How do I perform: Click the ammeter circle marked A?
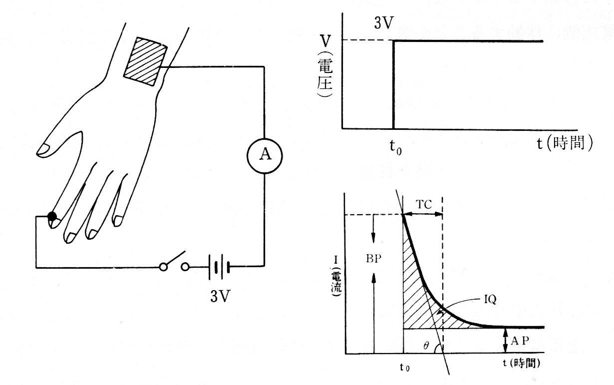(x=265, y=156)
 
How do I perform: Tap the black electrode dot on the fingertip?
(x=52, y=217)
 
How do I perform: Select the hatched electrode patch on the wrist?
(x=145, y=61)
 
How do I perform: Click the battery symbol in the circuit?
(x=219, y=267)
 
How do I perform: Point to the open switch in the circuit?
(x=174, y=262)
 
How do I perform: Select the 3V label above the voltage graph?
(x=384, y=23)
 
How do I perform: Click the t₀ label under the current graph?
(x=404, y=367)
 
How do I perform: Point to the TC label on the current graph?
(x=423, y=204)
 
